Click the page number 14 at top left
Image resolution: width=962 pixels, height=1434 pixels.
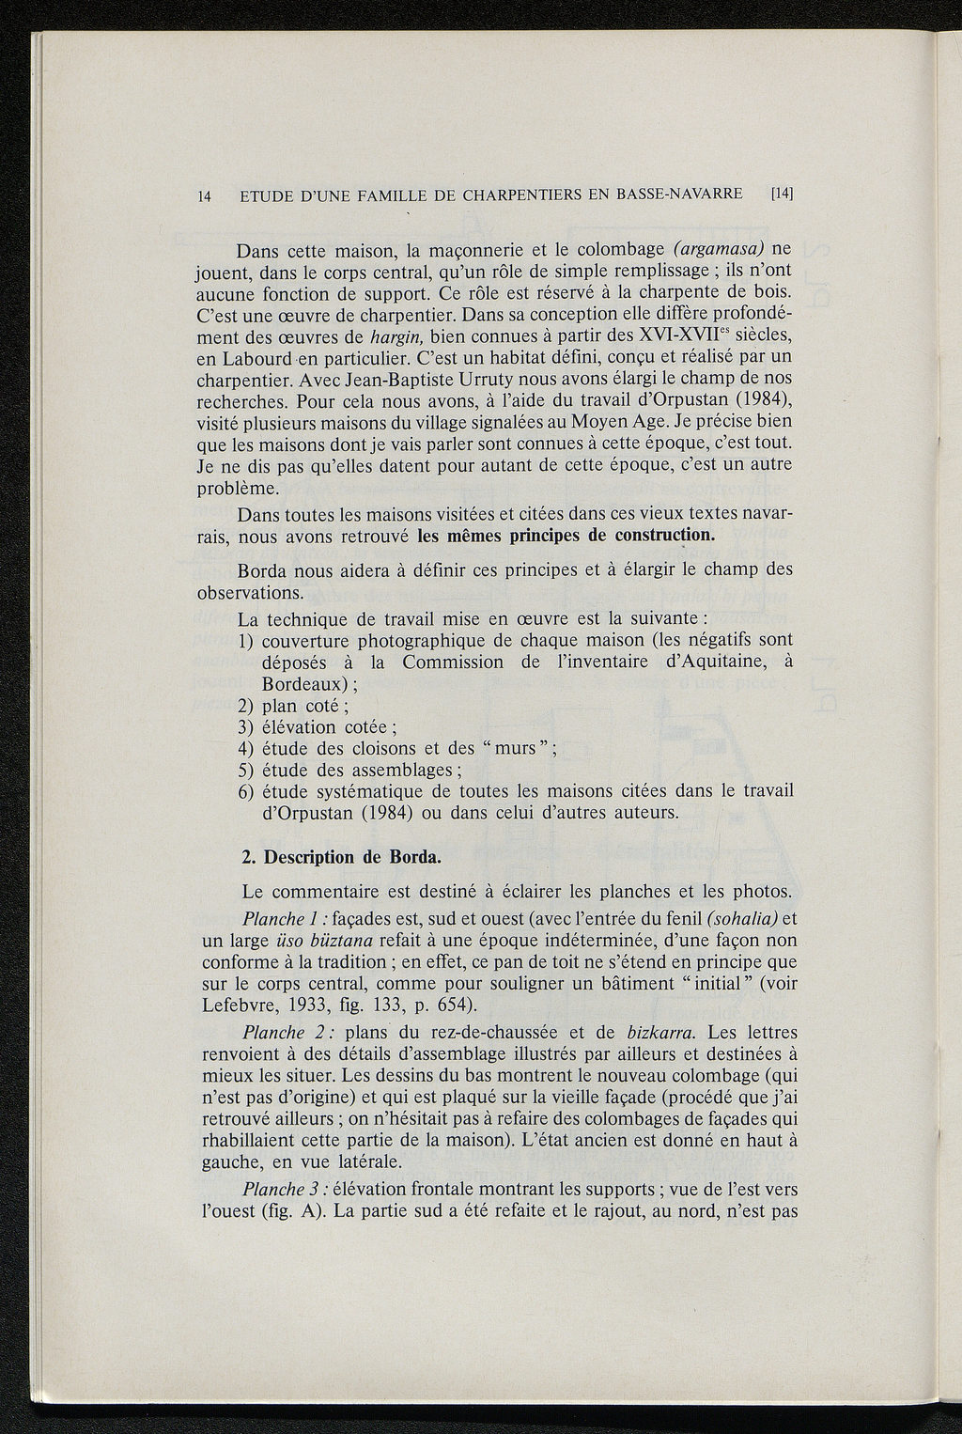[205, 195]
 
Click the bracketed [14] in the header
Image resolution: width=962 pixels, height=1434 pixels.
[782, 195]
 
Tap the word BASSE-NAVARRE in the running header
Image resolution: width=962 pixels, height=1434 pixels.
[678, 195]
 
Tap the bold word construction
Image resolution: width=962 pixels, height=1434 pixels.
[663, 536]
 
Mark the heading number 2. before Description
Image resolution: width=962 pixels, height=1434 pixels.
[248, 858]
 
